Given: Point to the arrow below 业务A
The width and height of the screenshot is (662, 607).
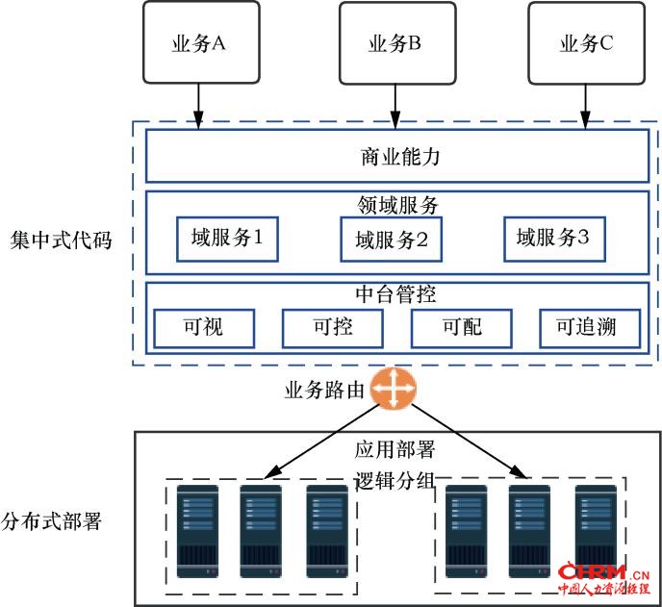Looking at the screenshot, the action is coord(198,106).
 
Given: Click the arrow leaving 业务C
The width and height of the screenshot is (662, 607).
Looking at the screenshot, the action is coord(585,107).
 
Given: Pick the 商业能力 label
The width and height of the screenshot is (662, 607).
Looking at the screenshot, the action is coord(400,157).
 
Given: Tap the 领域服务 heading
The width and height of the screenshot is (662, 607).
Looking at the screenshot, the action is coord(397,205).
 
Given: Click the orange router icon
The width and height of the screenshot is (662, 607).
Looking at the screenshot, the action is coord(393,389).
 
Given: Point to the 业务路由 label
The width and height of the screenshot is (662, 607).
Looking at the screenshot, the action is coord(324,390).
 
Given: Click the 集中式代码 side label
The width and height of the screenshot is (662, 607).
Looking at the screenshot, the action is coord(61,240).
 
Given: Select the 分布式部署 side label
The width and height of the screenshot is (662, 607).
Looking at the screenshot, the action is coord(51,521).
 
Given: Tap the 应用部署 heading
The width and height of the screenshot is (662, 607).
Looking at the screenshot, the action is coord(395,449).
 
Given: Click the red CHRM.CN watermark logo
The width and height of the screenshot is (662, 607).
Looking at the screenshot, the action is coord(603,578).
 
